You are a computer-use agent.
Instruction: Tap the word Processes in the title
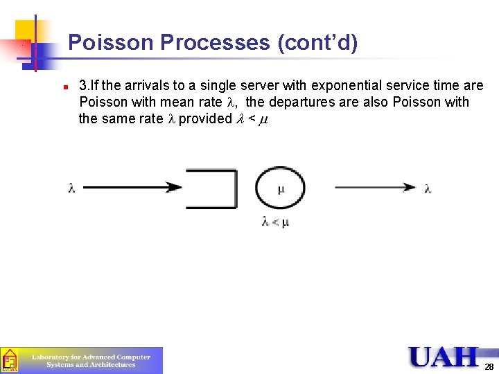[214, 43]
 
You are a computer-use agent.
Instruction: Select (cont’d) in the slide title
[317, 43]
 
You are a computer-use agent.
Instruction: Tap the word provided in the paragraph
[205, 118]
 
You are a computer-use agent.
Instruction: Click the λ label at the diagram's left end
[72, 188]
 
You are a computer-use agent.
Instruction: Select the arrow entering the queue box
[132, 187]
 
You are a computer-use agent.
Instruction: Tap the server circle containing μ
[280, 188]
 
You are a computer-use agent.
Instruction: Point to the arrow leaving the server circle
[374, 187]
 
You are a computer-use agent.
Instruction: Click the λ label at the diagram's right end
[428, 188]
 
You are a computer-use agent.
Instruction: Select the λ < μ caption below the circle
[275, 222]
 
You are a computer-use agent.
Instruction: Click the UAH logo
[444, 357]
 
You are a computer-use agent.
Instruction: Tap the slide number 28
[489, 367]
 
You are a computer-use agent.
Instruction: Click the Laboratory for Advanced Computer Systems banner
[91, 360]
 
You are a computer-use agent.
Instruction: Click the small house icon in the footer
[10, 360]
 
